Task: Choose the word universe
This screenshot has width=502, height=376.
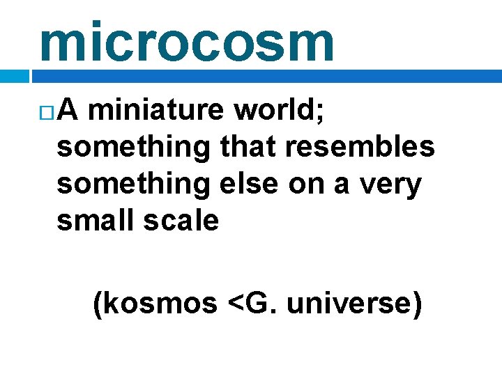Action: click(x=352, y=305)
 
